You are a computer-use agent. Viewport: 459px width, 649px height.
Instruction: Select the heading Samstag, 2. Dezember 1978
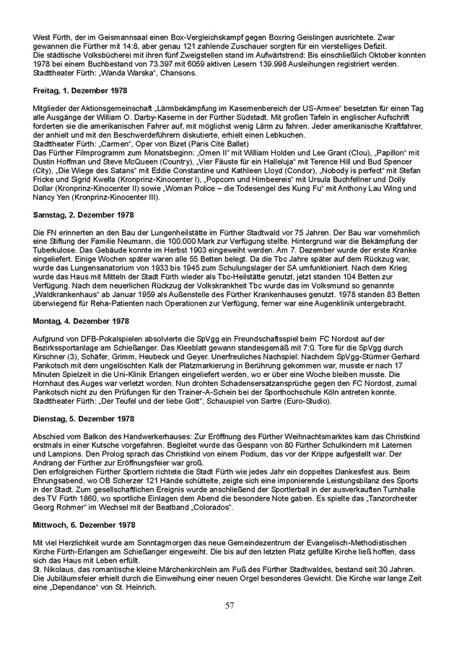[83, 215]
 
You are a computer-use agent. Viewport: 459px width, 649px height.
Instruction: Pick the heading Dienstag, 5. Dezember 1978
[82, 418]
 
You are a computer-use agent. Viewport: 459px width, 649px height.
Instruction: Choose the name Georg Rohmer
[60, 508]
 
